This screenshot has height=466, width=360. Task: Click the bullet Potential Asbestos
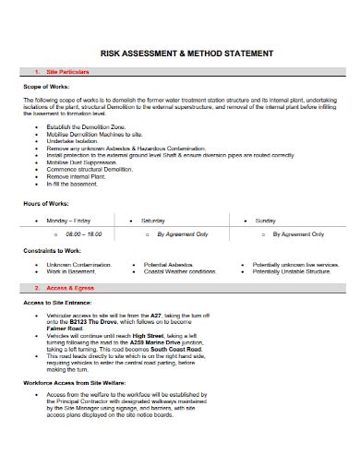pyautogui.click(x=172, y=265)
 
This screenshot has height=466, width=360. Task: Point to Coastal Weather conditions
pyautogui.click(x=180, y=272)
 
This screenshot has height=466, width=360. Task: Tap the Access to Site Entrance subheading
pyautogui.click(x=57, y=304)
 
